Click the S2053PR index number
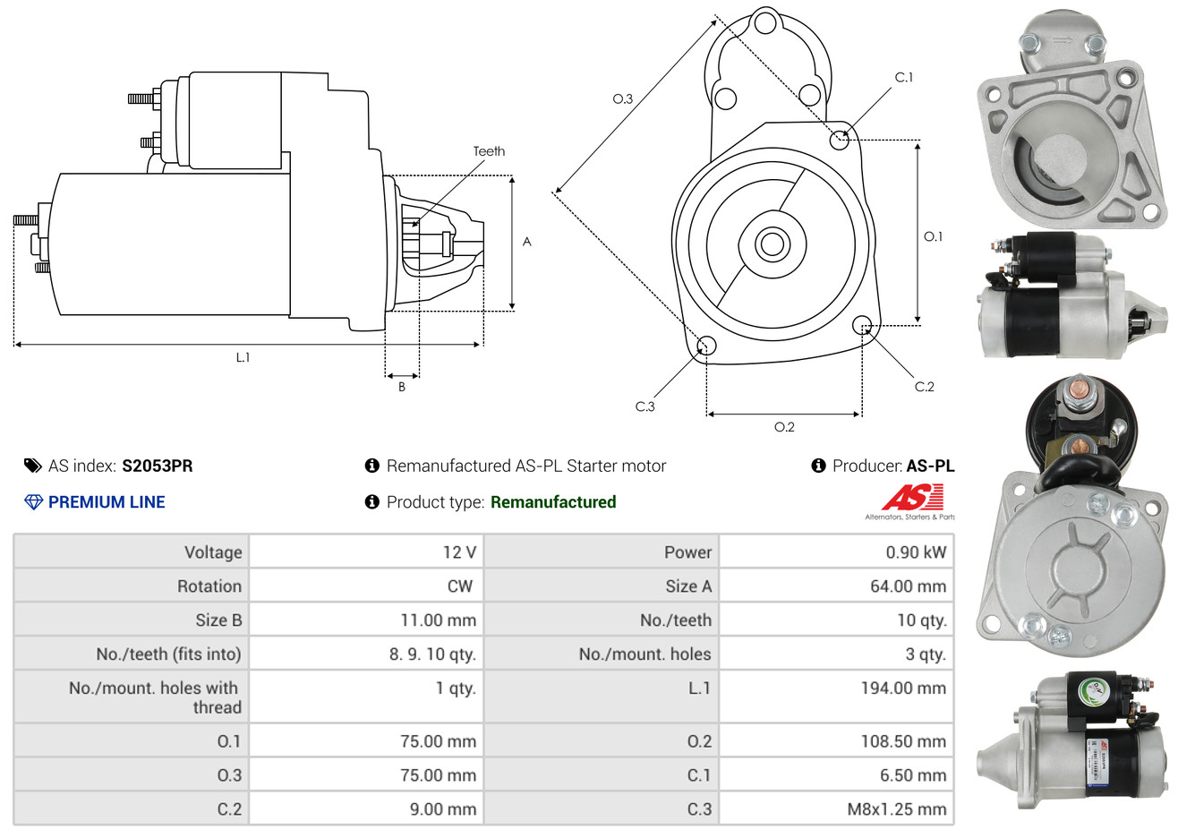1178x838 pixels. point(157,466)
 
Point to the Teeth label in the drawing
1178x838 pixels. point(489,151)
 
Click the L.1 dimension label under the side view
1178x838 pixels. point(243,357)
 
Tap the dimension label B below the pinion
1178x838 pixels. point(402,387)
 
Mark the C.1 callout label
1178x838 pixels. point(904,78)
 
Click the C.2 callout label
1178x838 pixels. point(924,387)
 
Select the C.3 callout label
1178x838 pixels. point(644,406)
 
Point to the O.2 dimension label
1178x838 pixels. point(784,427)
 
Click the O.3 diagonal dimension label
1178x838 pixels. point(622,99)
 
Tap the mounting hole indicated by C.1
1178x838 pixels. point(840,140)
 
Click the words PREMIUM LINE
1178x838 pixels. point(107,502)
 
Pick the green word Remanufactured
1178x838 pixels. point(553,502)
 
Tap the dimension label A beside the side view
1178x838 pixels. point(526,242)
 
